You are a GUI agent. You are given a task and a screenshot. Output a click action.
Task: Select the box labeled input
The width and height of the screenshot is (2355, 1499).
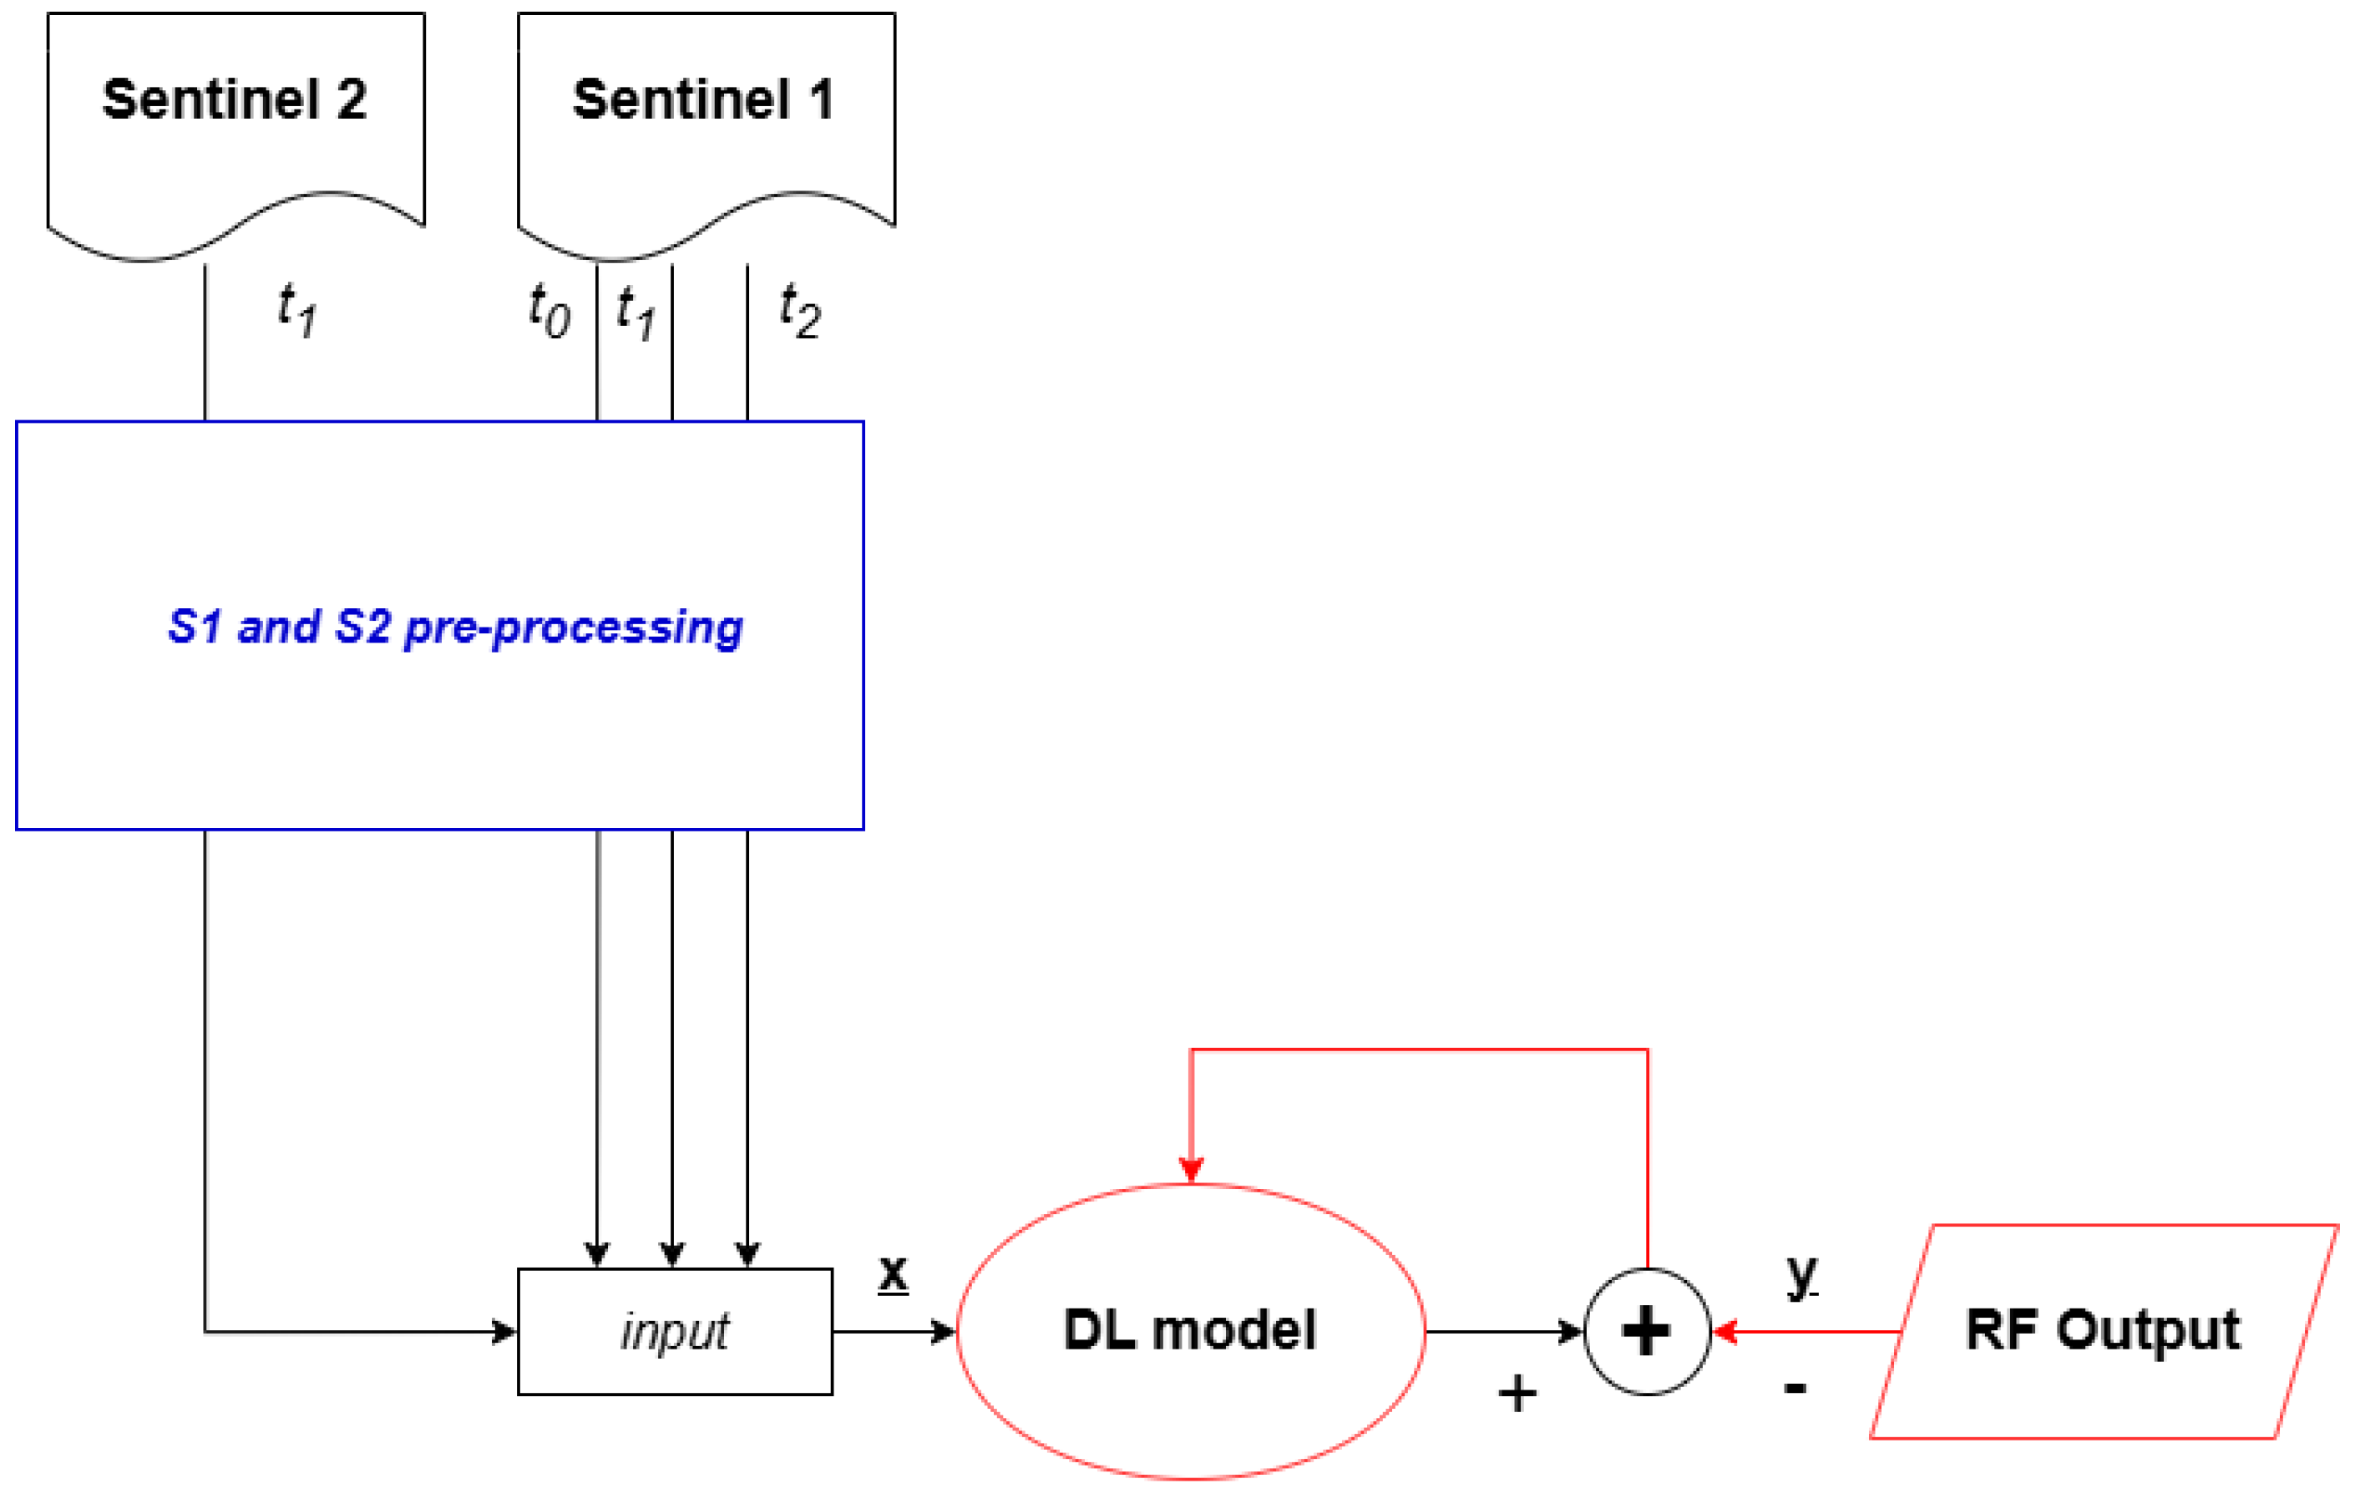(674, 1332)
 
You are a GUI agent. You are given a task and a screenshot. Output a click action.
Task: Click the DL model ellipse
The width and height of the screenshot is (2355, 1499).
(1189, 1332)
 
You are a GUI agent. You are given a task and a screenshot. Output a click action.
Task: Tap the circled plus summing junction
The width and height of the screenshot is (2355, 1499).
(1646, 1332)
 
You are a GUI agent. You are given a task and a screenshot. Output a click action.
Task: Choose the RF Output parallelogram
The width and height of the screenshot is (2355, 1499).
(2103, 1332)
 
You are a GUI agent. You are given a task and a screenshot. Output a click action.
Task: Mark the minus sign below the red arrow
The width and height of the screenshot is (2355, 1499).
(1795, 1389)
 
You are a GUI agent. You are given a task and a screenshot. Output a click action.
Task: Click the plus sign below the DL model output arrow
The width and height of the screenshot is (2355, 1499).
(1517, 1392)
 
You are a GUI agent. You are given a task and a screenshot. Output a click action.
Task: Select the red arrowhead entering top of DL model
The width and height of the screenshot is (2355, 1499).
(1190, 1168)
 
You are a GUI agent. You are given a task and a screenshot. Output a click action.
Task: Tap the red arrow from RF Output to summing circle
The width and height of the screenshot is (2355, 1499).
(1810, 1332)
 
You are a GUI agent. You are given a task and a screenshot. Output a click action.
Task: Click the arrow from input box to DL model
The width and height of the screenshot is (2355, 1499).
(892, 1332)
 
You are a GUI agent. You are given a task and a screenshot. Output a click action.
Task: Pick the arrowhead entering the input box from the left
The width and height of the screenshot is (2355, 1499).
(504, 1332)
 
